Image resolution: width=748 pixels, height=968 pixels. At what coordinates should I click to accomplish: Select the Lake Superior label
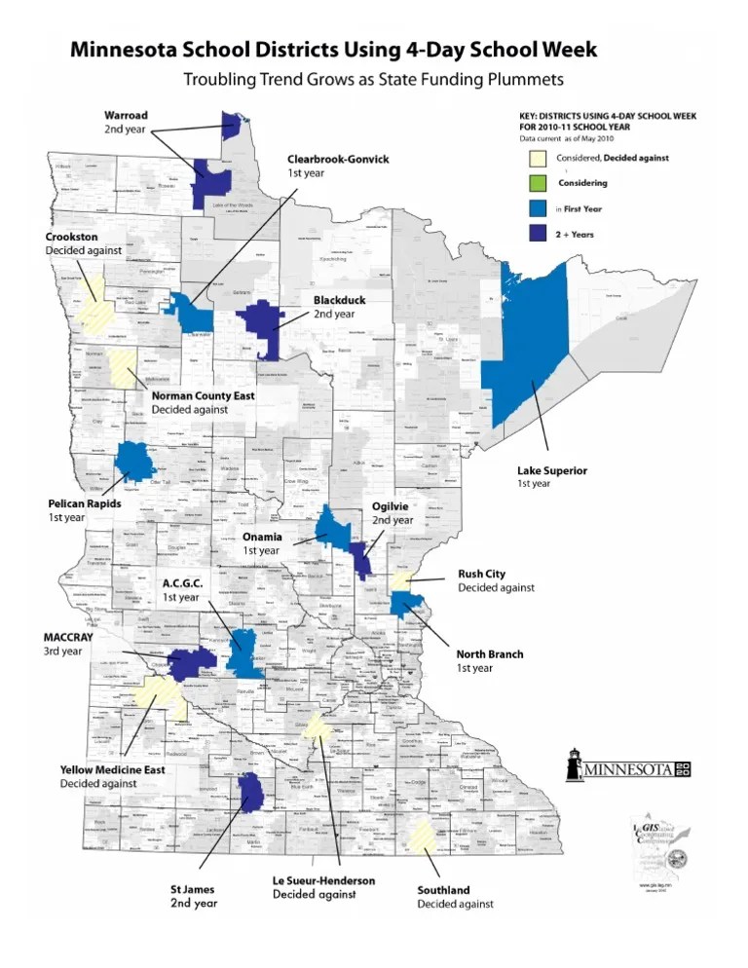(551, 470)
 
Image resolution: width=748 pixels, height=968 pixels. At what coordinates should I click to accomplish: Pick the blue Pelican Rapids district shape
(134, 461)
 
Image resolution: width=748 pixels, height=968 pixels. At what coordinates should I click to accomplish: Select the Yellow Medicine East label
(113, 769)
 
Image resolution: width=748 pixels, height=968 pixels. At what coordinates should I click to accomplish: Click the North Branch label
(490, 653)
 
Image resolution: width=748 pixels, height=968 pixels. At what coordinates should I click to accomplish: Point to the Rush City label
(482, 574)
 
